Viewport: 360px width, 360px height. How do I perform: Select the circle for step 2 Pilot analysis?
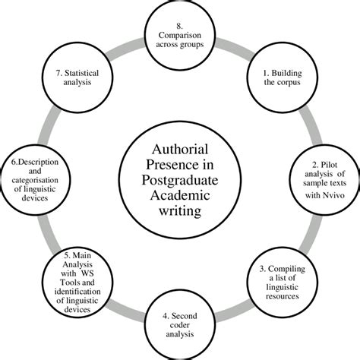(x=321, y=178)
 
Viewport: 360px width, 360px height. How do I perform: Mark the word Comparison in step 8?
(x=180, y=34)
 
